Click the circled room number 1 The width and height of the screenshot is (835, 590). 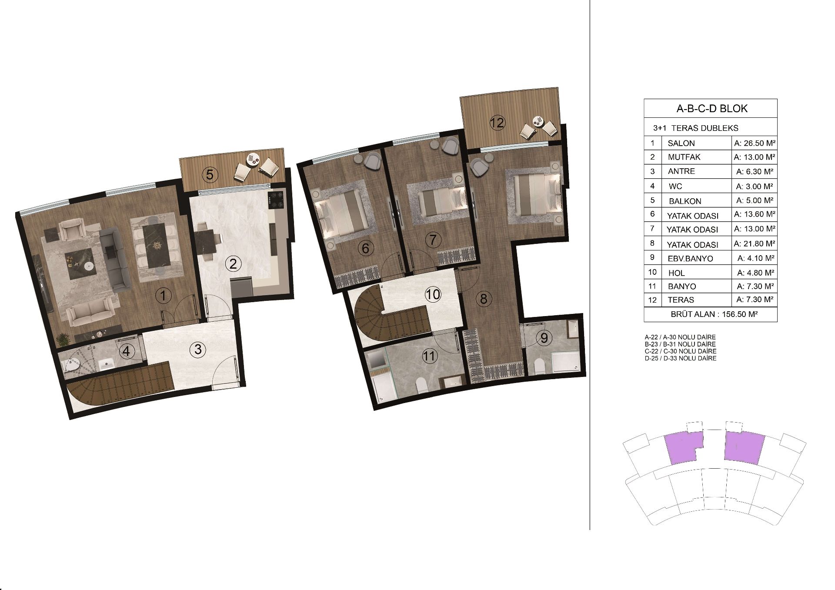click(163, 297)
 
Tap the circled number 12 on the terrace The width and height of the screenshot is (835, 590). click(497, 123)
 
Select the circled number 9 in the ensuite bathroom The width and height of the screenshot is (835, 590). click(544, 337)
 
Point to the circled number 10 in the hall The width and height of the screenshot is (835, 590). click(433, 294)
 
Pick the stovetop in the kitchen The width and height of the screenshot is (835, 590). click(276, 201)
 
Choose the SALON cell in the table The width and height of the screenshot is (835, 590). click(681, 143)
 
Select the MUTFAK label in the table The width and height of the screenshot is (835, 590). click(685, 157)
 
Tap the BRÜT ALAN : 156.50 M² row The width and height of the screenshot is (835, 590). click(711, 314)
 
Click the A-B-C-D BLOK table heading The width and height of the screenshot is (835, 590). click(712, 108)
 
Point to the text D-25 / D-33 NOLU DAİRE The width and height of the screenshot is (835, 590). click(681, 358)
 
